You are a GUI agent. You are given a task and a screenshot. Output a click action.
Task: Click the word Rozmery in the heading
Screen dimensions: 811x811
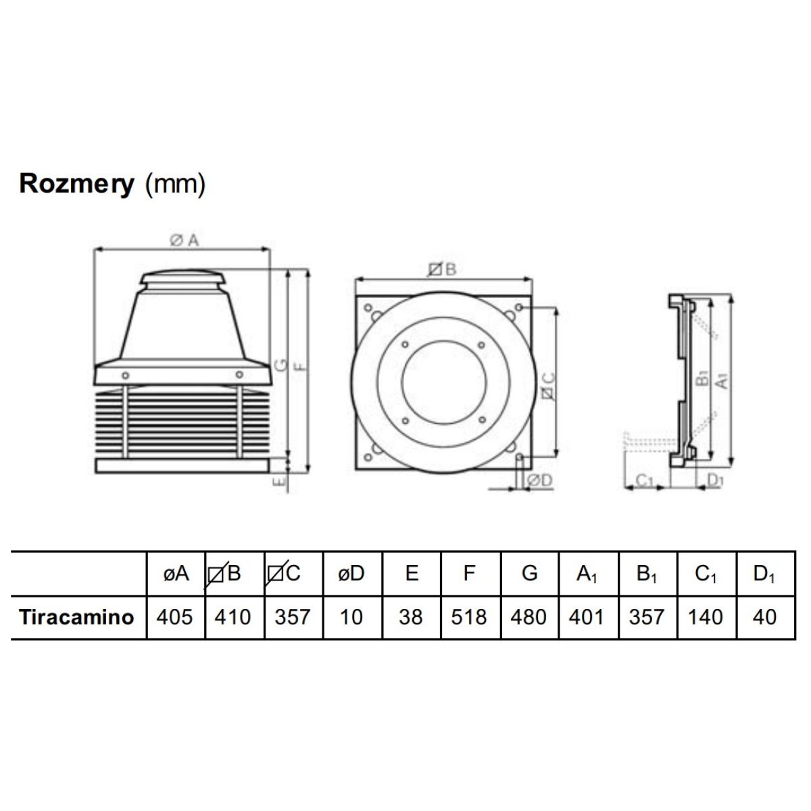(x=76, y=184)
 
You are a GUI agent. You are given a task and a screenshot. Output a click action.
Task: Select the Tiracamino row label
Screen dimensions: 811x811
(x=76, y=618)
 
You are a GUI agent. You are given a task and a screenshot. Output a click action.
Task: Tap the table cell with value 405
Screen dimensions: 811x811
(x=174, y=618)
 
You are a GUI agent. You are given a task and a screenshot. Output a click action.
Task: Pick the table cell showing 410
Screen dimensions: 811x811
(x=232, y=618)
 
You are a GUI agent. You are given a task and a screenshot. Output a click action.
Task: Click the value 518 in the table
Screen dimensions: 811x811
(x=469, y=618)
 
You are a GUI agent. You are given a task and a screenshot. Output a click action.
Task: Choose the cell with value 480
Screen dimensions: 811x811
(x=529, y=618)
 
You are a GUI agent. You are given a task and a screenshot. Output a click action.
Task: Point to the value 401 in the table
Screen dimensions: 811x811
(x=586, y=618)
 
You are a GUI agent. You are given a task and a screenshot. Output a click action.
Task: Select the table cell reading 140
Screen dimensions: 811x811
(x=706, y=618)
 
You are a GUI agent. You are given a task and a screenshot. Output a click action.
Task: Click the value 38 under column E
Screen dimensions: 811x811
(x=411, y=618)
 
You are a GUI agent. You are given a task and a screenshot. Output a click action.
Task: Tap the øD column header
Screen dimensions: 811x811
(x=351, y=573)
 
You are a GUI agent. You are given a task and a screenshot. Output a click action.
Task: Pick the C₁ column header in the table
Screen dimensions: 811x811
(x=706, y=574)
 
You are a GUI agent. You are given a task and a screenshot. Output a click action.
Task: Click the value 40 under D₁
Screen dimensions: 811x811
(x=764, y=618)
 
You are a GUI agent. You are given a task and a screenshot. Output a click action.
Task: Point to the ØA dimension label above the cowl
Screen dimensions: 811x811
(x=184, y=241)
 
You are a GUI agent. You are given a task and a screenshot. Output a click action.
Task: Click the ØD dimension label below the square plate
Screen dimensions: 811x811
(x=539, y=481)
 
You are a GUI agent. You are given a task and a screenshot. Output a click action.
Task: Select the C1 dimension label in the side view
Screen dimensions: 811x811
(x=644, y=481)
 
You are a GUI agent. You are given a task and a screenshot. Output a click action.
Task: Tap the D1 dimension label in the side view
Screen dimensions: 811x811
(x=716, y=481)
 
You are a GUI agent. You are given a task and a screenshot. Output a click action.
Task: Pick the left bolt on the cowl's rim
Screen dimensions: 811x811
(x=125, y=375)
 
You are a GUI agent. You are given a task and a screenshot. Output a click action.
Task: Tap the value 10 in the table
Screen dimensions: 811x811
(x=351, y=618)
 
